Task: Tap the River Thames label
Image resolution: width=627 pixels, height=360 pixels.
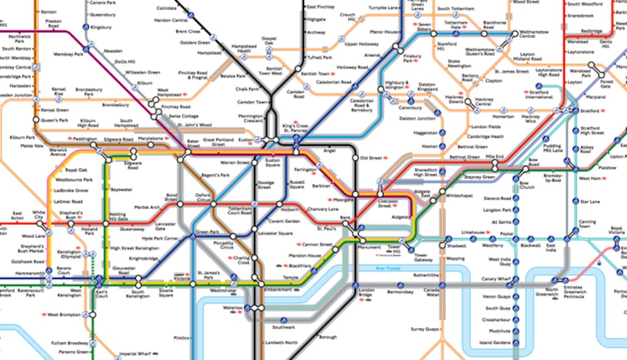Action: [388, 267]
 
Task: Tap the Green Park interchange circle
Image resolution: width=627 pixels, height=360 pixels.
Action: [192, 232]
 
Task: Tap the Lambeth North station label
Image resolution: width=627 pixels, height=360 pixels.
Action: [281, 343]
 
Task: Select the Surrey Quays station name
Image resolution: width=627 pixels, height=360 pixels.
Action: [424, 329]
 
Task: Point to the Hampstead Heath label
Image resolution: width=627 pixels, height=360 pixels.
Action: [243, 48]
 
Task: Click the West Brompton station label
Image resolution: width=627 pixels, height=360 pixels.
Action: [64, 315]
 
